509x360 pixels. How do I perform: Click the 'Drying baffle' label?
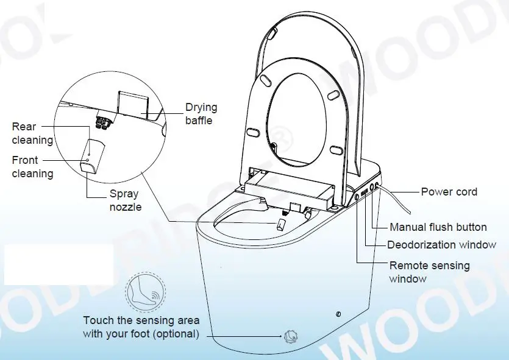pyautogui.click(x=201, y=114)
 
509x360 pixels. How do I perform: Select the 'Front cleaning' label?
pyautogui.click(x=32, y=167)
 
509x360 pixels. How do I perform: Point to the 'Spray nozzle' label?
pyautogui.click(x=124, y=200)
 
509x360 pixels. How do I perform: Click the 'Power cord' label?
pyautogui.click(x=449, y=192)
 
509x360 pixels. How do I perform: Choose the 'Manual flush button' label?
pyautogui.click(x=438, y=227)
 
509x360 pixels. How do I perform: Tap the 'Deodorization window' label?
pyautogui.click(x=441, y=245)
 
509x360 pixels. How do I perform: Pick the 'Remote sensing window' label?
pyautogui.click(x=429, y=272)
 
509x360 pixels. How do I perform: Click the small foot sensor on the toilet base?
pyautogui.click(x=290, y=336)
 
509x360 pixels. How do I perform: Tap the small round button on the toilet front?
pyautogui.click(x=338, y=314)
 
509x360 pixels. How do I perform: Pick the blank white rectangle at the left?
pyautogui.click(x=59, y=264)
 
